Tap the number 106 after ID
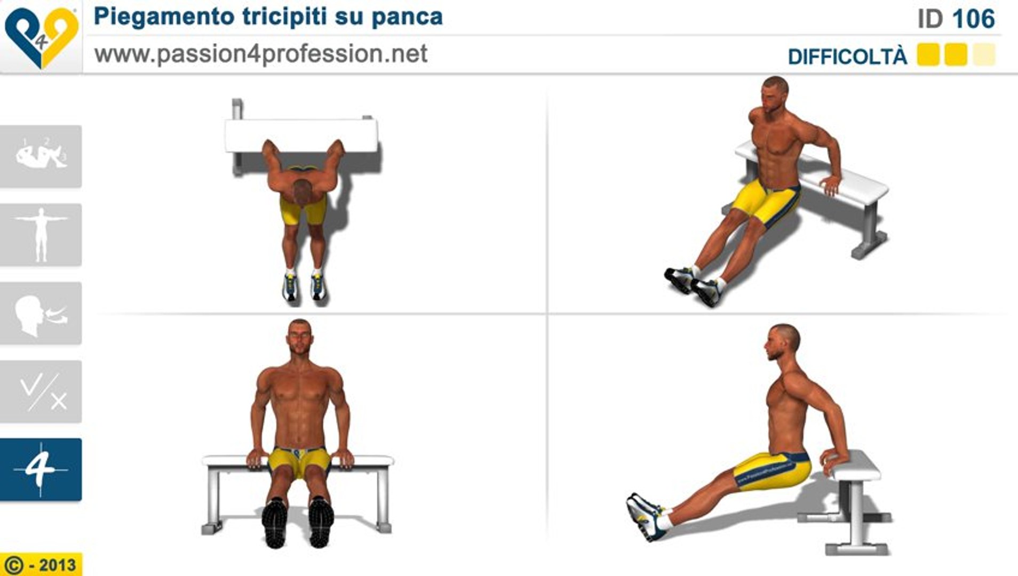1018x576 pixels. tap(974, 19)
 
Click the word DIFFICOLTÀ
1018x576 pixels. tap(847, 57)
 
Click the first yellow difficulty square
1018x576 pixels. tap(928, 55)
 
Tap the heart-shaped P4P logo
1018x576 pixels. tap(41, 37)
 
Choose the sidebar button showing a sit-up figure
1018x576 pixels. tap(41, 156)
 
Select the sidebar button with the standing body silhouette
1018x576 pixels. tap(41, 235)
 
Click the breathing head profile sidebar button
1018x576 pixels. tap(41, 313)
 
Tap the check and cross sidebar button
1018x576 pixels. tap(41, 391)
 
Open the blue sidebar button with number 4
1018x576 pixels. tap(41, 470)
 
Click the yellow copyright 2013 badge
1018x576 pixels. tap(41, 564)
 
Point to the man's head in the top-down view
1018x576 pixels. tap(302, 191)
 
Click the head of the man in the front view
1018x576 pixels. tap(300, 339)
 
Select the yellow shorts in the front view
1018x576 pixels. tap(299, 462)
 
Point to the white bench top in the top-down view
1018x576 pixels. tap(301, 135)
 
